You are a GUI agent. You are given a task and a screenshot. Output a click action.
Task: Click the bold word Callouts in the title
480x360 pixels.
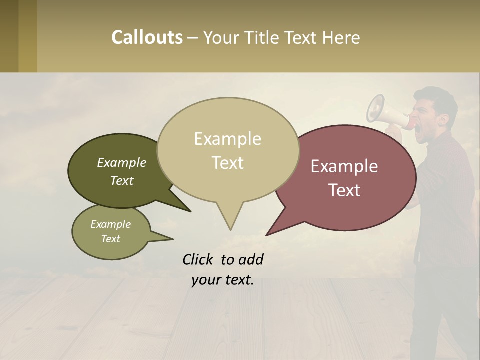click(x=147, y=37)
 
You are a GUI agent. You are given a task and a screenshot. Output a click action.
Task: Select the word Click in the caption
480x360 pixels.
click(x=199, y=259)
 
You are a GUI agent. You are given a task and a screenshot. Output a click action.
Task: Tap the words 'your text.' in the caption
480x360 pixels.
click(x=223, y=280)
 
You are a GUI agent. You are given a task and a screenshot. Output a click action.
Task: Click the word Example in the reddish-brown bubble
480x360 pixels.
click(x=344, y=166)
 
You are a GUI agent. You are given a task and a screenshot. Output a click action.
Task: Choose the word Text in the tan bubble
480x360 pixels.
click(x=228, y=163)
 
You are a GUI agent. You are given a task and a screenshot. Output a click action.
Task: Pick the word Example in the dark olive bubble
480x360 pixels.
click(x=122, y=162)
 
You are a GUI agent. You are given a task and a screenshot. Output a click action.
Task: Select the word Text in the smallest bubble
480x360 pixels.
click(x=111, y=239)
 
